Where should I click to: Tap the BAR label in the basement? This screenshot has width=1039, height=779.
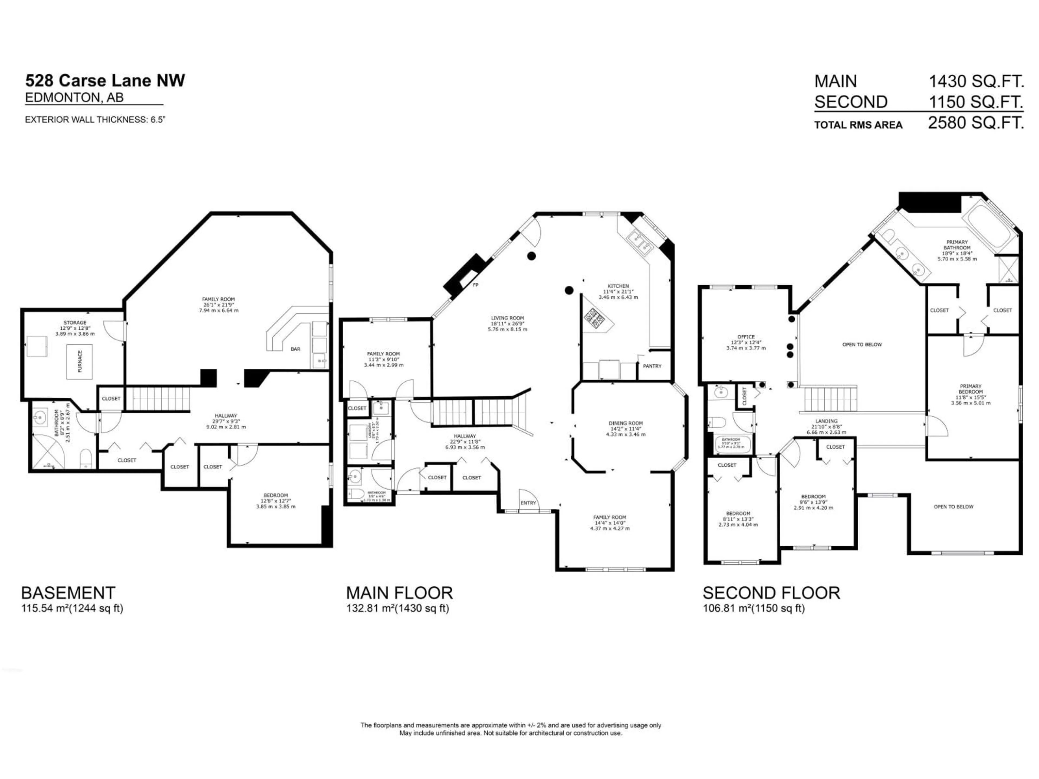(295, 349)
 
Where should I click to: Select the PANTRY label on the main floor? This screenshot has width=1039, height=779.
(652, 366)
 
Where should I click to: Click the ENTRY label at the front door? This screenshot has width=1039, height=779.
(528, 503)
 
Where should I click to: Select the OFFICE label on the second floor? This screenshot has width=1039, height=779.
(746, 337)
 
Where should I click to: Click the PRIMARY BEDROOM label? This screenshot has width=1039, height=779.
(971, 389)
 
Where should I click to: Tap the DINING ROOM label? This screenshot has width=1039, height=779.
(626, 423)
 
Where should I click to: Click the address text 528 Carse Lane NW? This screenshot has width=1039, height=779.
(105, 81)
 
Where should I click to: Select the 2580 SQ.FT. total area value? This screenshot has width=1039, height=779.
(976, 123)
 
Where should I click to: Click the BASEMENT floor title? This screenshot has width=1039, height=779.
(68, 593)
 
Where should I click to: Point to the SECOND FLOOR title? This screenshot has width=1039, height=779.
(771, 593)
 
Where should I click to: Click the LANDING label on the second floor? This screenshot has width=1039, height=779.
(826, 421)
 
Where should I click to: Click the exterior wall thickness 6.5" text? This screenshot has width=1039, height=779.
(95, 120)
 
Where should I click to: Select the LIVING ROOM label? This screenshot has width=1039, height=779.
(507, 318)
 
